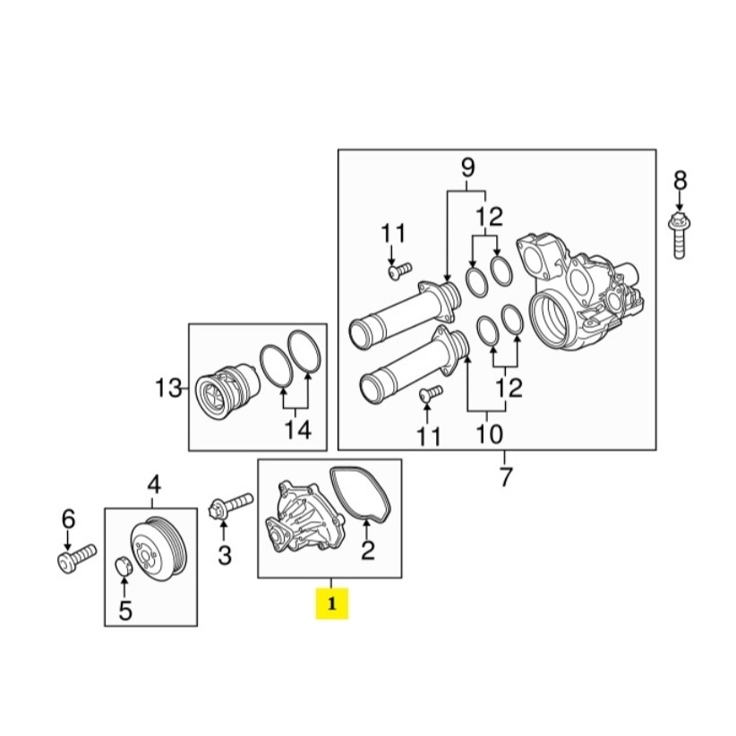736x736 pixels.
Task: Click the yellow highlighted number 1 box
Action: tap(331, 604)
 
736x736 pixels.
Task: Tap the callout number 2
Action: tap(367, 550)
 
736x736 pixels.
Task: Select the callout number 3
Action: tap(225, 556)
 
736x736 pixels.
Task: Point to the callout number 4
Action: tap(154, 485)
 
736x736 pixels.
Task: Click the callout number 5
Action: tap(125, 611)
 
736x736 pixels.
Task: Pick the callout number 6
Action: tap(68, 518)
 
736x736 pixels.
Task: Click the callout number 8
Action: tap(680, 181)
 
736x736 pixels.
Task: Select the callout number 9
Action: tap(466, 167)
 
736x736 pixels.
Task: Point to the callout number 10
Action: tap(489, 437)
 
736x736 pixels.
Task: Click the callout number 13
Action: tap(167, 389)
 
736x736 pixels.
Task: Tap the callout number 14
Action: tap(297, 431)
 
